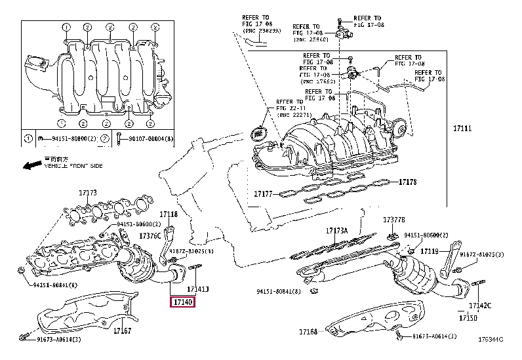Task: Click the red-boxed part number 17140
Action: pyautogui.click(x=182, y=302)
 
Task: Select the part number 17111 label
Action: pyautogui.click(x=462, y=129)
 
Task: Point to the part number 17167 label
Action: pyautogui.click(x=122, y=330)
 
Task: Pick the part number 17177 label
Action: pyautogui.click(x=263, y=194)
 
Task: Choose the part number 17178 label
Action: pyautogui.click(x=408, y=181)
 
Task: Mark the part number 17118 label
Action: pyautogui.click(x=169, y=214)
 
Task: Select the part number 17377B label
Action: pyautogui.click(x=395, y=220)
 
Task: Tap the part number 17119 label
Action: pyautogui.click(x=430, y=251)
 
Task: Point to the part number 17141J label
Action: pyautogui.click(x=197, y=289)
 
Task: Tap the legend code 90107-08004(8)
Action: pyautogui.click(x=148, y=138)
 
